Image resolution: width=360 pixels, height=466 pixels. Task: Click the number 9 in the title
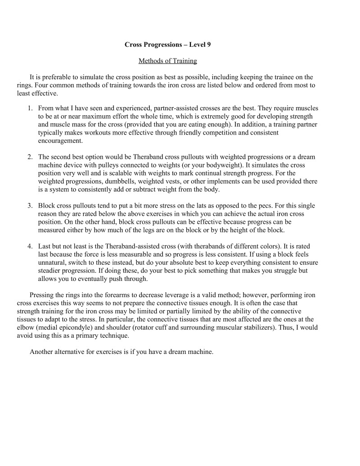tap(208, 45)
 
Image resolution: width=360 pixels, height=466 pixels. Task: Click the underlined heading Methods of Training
tap(167, 61)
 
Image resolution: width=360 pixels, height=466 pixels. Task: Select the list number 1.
tap(29, 109)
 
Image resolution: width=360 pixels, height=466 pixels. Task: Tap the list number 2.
tap(29, 157)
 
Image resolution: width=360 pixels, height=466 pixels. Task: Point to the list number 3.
tap(29, 206)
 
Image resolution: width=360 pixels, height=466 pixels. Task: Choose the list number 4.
tap(29, 246)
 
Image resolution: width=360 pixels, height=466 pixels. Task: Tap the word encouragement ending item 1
tap(60, 141)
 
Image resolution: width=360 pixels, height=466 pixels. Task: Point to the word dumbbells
tap(120, 181)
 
